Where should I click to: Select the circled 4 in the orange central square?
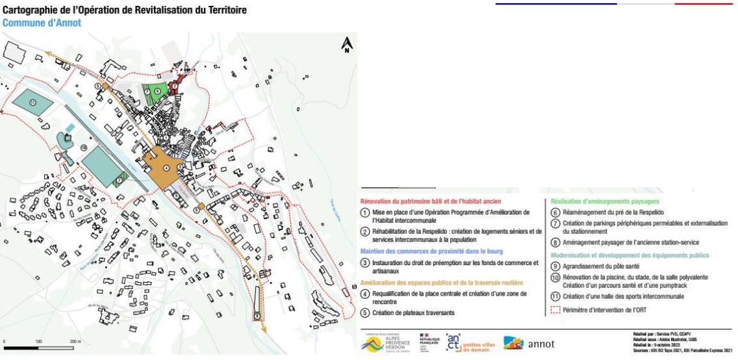(x=166, y=168)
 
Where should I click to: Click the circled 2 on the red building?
(x=174, y=85)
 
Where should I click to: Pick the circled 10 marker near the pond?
(x=84, y=148)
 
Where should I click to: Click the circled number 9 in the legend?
(x=555, y=266)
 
